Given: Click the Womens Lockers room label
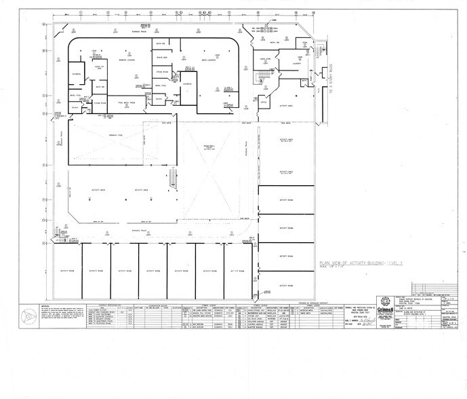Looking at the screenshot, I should pos(129,60).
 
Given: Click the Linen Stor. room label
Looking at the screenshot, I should pos(267,60).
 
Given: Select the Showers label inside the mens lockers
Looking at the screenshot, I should pos(188,83).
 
